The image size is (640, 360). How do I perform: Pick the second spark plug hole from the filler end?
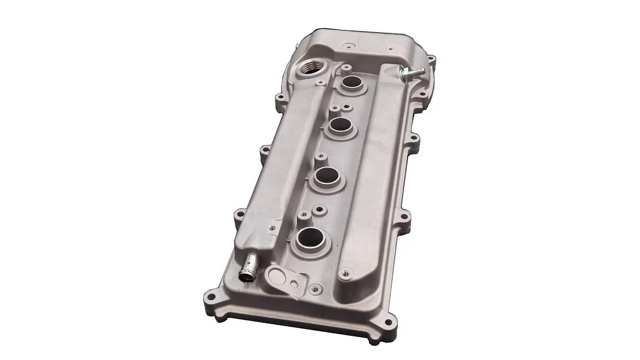pos(340,125)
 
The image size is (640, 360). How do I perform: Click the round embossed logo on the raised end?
pos(373,43)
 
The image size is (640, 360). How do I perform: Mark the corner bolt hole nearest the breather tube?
pos(211,295)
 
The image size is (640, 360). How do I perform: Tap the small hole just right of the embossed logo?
pos(391,49)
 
